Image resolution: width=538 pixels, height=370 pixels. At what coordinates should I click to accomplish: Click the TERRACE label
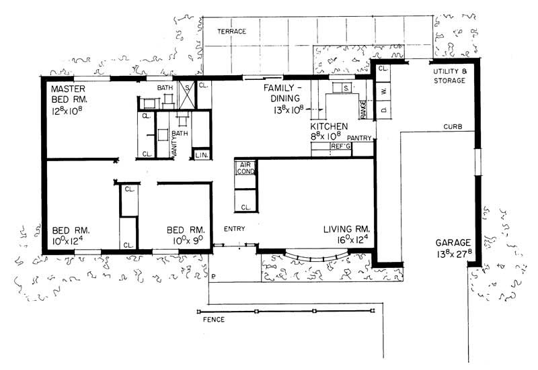point(232,32)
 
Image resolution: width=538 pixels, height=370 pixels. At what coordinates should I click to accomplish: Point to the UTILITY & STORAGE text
point(449,75)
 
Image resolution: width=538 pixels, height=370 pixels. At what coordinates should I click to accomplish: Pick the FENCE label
point(213,320)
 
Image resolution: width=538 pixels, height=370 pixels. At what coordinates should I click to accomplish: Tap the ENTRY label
point(234,229)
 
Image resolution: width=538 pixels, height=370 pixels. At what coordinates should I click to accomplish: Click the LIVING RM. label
point(348,229)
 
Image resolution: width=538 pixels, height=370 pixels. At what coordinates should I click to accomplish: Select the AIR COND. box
point(243,168)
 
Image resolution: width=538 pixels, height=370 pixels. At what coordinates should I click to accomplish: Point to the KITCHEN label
point(328,126)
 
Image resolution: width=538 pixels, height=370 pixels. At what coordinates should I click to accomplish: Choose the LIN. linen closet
point(201,156)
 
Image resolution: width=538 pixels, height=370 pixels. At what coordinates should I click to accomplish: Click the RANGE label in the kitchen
point(363,109)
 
